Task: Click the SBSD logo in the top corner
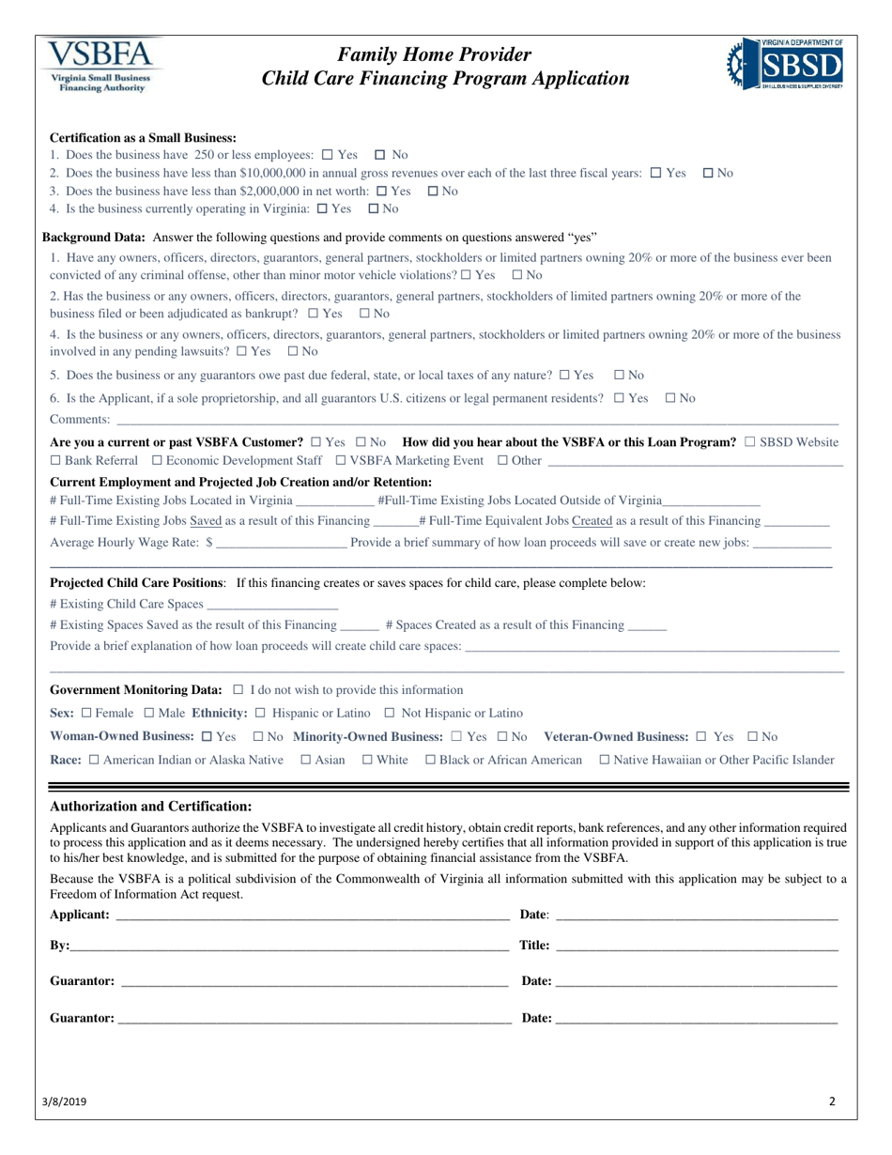point(785,64)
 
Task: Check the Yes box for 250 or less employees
point(327,155)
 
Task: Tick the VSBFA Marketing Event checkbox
point(340,460)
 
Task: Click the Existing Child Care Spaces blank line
point(271,603)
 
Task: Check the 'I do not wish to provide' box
point(238,690)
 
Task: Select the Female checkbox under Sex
point(87,714)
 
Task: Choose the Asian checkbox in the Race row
point(306,760)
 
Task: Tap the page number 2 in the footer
point(832,1102)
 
